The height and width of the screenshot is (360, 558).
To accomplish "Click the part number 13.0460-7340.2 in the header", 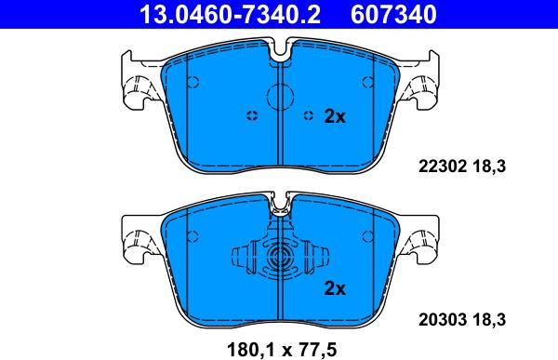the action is coord(231,14).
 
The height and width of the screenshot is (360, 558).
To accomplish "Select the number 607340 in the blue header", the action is coord(393,14).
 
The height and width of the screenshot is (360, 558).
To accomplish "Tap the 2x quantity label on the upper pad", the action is coord(335,116).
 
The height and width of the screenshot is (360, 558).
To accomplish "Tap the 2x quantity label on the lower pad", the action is coord(335,288).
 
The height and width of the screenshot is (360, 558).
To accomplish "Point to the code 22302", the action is coord(443,167).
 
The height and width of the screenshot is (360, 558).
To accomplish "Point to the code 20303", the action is coord(443,320).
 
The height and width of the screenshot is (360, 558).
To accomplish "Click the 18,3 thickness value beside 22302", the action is coord(489,167).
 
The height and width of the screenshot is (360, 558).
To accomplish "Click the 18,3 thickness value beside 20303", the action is coord(489,320).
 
